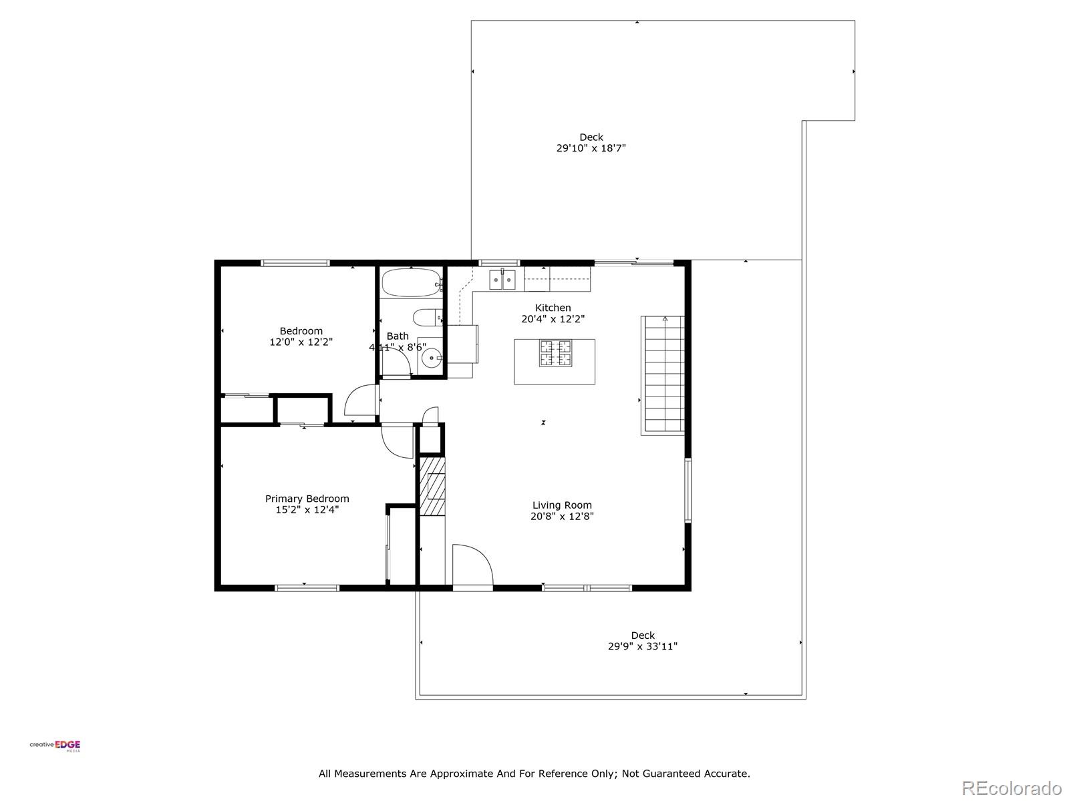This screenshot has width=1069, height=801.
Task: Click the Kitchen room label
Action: [553, 308]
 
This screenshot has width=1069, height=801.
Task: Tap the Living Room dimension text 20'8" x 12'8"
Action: [562, 516]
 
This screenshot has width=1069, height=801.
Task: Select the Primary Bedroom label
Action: [307, 499]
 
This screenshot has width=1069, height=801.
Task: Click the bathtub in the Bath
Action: [411, 283]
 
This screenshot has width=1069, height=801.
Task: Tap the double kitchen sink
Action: [502, 280]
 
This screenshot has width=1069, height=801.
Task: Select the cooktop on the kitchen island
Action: [555, 353]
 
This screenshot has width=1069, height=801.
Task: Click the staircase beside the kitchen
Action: [663, 376]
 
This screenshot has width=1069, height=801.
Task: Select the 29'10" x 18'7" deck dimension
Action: [591, 148]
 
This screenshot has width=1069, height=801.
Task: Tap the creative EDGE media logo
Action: [55, 746]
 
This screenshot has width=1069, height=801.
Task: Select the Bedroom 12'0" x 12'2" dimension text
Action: [301, 342]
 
